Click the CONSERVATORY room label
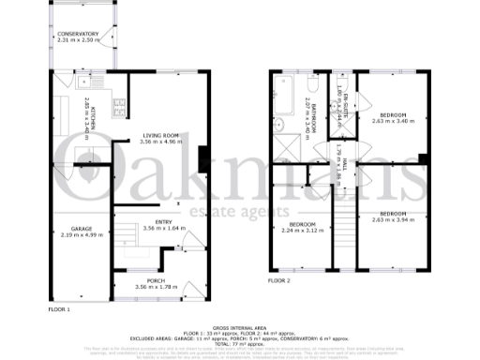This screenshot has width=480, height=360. pyautogui.click(x=77, y=34)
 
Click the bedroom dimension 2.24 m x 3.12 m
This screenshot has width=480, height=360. pyautogui.click(x=302, y=229)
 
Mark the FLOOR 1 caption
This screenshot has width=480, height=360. pyautogui.click(x=59, y=307)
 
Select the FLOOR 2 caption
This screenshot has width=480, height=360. pyautogui.click(x=278, y=279)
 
